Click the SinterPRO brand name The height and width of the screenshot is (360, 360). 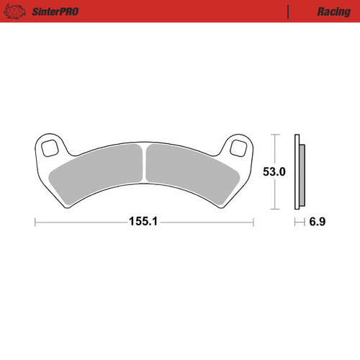(x=55, y=12)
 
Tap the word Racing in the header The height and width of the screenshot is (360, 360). (x=312, y=12)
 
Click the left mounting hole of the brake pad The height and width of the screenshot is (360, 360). (x=50, y=149)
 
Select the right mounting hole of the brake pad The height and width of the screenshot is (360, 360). (x=238, y=149)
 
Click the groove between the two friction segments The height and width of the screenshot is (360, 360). (x=144, y=162)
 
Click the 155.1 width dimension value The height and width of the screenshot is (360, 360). (x=144, y=223)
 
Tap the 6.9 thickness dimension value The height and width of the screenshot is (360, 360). (x=317, y=223)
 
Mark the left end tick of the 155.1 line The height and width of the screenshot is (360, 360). (x=35, y=223)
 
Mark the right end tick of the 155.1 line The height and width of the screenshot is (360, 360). (x=253, y=223)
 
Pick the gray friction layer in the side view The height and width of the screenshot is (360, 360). (x=302, y=173)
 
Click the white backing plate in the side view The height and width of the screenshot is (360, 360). (x=297, y=173)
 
